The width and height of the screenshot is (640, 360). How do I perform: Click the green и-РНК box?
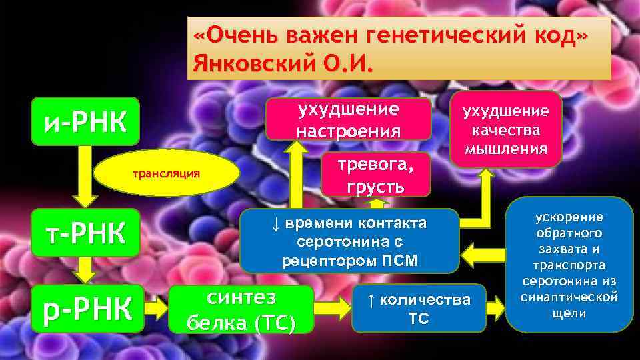85,121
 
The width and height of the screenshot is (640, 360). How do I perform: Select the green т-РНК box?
85,233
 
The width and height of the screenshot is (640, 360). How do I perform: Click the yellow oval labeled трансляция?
167,173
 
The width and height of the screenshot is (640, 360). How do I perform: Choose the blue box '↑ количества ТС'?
419,309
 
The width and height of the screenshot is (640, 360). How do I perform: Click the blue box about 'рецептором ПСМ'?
349,241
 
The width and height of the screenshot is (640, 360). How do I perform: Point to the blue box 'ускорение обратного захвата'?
569,265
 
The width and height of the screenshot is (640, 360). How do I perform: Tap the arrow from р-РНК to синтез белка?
156,309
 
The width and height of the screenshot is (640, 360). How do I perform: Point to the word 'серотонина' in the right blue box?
569,283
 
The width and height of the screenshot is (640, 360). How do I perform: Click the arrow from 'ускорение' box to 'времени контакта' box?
483,253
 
